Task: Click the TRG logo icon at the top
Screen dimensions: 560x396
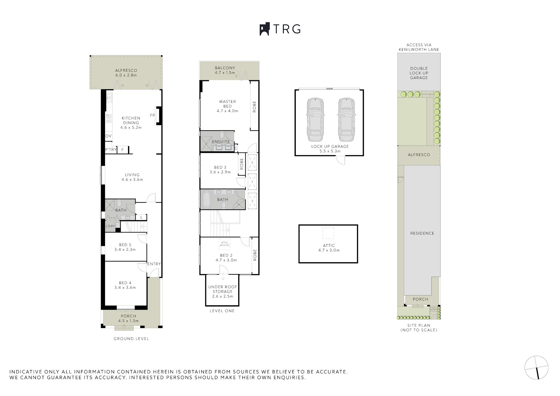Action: point(265,29)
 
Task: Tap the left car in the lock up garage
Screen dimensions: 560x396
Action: point(315,119)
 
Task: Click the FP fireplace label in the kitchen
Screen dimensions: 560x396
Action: point(152,115)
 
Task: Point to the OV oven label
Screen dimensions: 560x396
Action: point(108,136)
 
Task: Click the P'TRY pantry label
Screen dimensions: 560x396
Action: point(111,150)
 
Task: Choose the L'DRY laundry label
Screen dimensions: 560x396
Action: point(110,226)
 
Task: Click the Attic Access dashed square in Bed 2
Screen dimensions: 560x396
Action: point(225,244)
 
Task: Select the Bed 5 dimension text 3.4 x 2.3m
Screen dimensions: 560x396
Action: point(125,250)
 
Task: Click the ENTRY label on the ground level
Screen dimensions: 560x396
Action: point(154,264)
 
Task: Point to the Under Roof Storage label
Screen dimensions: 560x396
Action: point(223,289)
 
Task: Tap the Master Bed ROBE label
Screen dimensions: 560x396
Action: point(254,107)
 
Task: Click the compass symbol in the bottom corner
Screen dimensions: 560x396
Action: point(536,367)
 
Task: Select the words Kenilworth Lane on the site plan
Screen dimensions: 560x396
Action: point(419,50)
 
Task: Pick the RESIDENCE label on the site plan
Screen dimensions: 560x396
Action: point(422,233)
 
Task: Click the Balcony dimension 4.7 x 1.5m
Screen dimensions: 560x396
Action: point(225,73)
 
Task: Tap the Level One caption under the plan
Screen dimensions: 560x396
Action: point(222,311)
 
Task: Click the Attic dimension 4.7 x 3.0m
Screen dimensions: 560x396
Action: point(329,250)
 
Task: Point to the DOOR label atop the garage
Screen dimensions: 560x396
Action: point(330,89)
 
